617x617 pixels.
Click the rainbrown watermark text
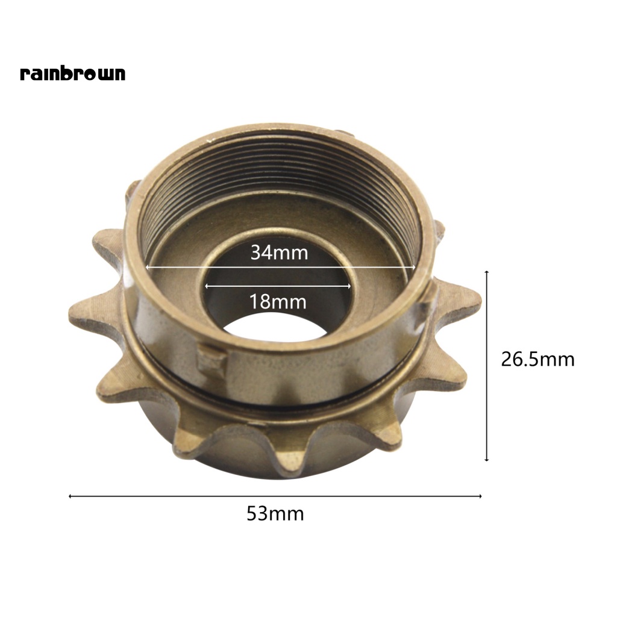(x=72, y=74)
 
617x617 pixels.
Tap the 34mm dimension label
(x=279, y=252)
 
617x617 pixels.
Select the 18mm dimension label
(x=278, y=301)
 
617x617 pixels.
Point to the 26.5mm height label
(x=537, y=360)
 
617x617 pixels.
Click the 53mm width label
(x=275, y=514)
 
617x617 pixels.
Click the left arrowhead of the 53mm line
(x=71, y=496)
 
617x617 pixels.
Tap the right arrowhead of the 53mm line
(x=480, y=496)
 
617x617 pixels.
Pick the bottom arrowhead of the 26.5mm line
(x=487, y=460)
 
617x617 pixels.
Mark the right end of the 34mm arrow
(x=414, y=267)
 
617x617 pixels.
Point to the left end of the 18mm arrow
(x=207, y=286)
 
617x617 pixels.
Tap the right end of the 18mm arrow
(x=349, y=286)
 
